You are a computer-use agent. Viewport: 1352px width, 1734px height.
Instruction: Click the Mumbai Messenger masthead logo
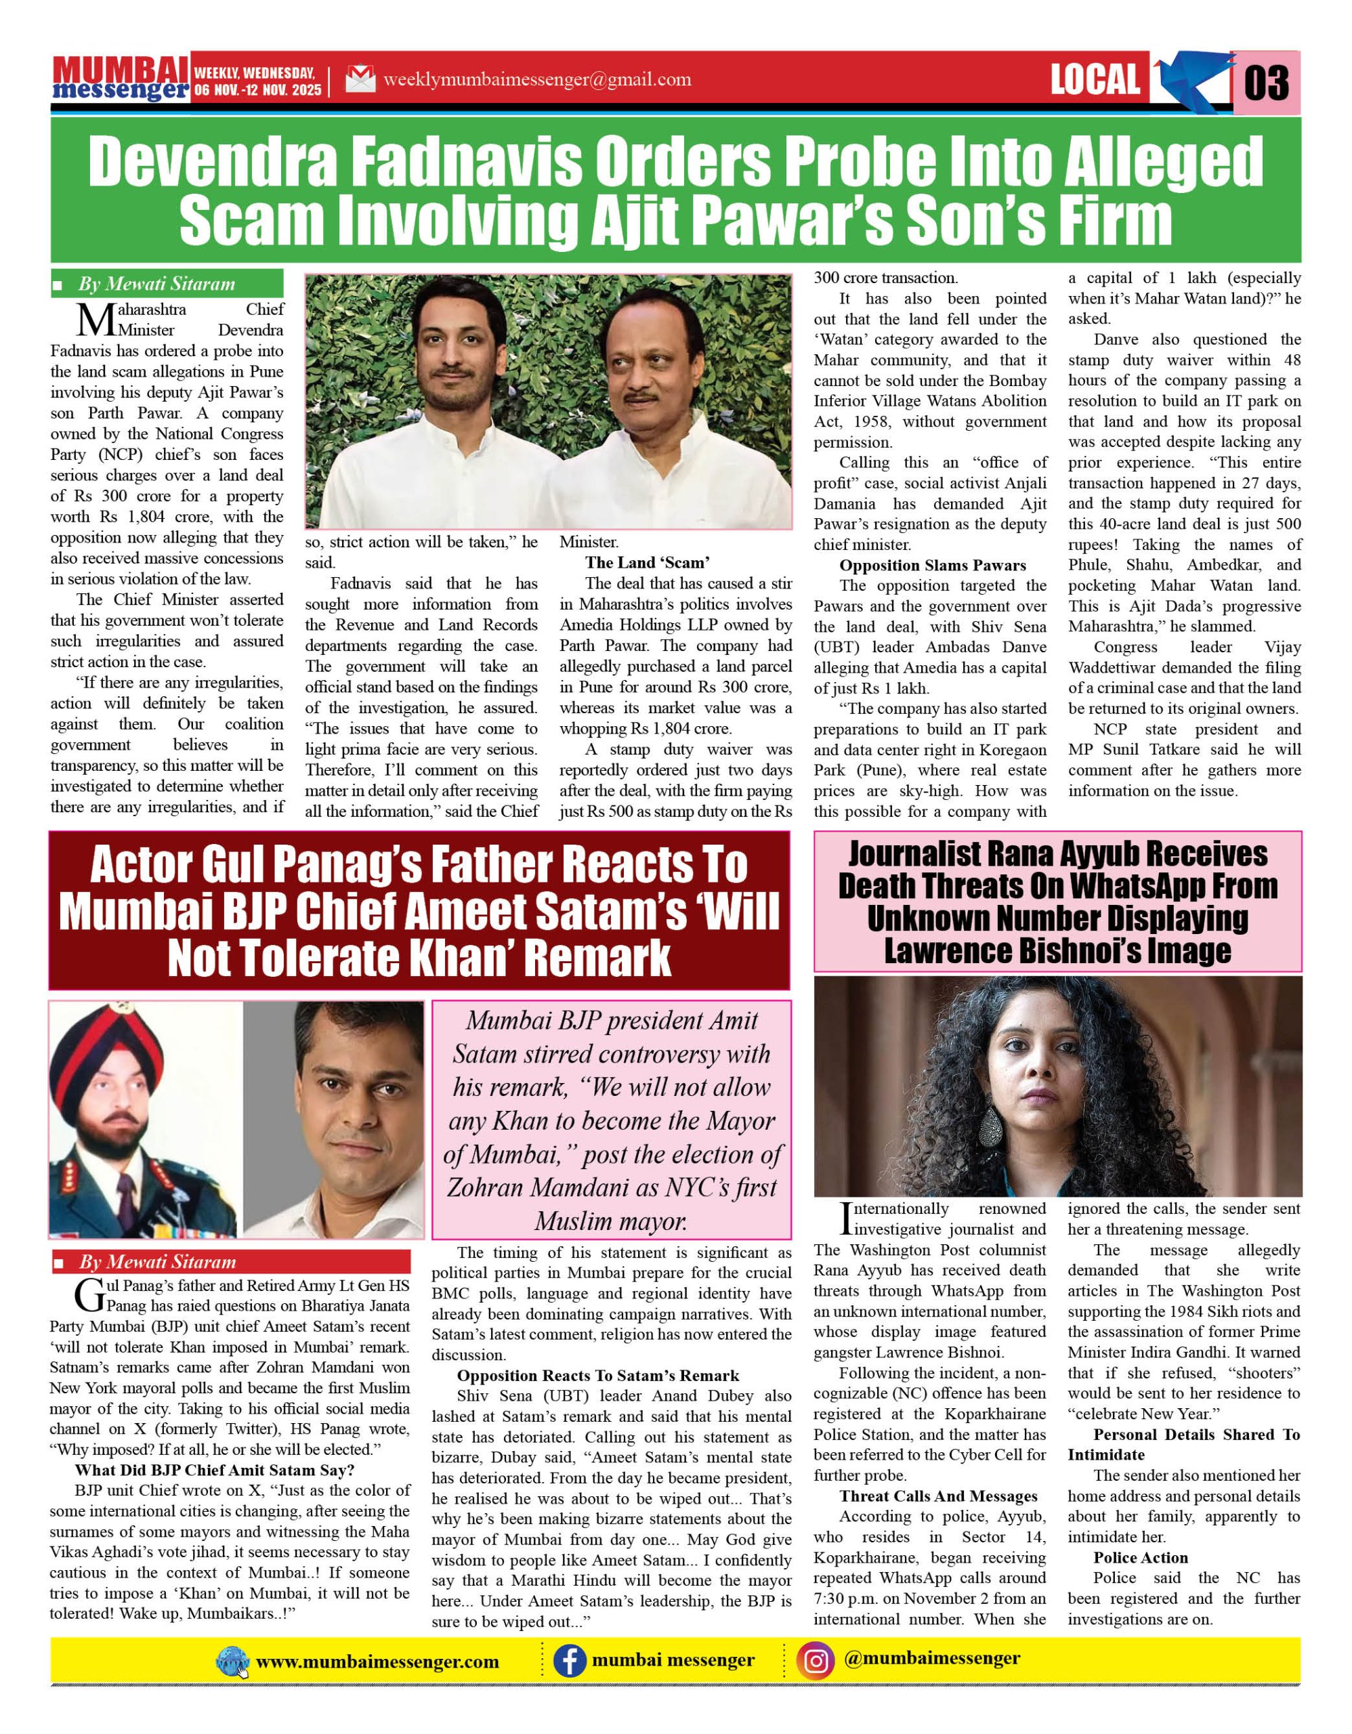[121, 79]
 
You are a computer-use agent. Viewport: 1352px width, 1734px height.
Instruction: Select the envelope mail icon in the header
[360, 79]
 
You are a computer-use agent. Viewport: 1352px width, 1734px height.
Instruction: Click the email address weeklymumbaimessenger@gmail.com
[536, 79]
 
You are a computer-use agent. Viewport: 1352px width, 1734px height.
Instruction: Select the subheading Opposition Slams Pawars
[932, 566]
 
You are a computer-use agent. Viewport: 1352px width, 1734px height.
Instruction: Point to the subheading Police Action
[1140, 1557]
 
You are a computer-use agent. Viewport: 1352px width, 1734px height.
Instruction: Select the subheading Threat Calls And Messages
[938, 1496]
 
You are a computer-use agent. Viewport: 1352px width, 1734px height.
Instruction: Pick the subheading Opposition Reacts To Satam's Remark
[598, 1375]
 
